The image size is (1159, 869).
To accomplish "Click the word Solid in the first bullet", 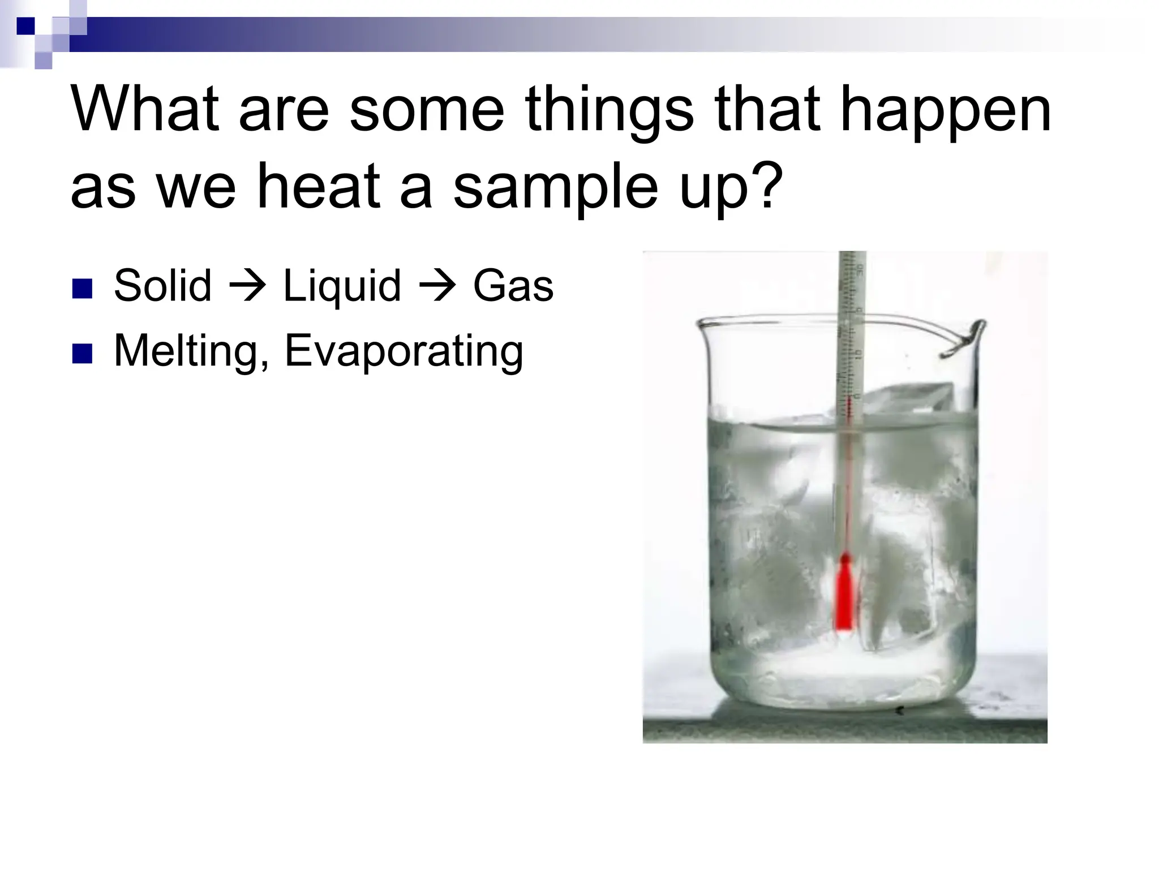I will (x=162, y=286).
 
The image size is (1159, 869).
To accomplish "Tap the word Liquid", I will (x=342, y=286).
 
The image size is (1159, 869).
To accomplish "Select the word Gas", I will (x=513, y=286).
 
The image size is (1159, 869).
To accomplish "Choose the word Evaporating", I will (x=403, y=351).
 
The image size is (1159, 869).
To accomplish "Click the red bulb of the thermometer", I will (x=844, y=594).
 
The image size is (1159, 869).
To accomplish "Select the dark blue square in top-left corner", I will (x=25, y=26).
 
